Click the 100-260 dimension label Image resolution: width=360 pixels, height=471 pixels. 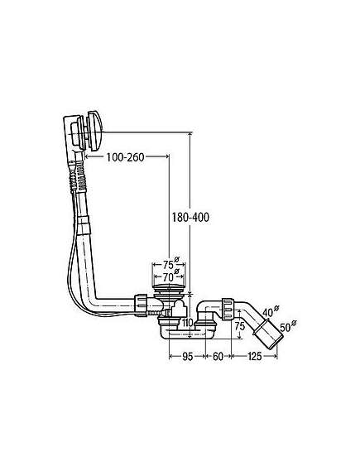click(125, 157)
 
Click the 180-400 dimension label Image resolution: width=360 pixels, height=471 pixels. click(190, 217)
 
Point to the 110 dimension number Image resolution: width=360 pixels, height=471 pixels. click(187, 323)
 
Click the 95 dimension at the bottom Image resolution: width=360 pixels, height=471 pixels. click(187, 357)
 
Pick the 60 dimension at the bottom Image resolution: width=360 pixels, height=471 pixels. click(218, 357)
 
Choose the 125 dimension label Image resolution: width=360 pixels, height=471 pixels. click(254, 357)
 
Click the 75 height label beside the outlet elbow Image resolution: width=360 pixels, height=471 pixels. click(240, 326)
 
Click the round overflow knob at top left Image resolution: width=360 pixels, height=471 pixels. click(94, 130)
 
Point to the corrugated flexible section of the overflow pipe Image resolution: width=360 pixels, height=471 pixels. click(78, 176)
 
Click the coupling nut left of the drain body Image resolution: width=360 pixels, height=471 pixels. click(141, 305)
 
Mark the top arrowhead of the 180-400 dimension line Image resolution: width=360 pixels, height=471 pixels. click(190, 135)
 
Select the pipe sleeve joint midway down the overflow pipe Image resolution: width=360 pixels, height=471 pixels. click(84, 223)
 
